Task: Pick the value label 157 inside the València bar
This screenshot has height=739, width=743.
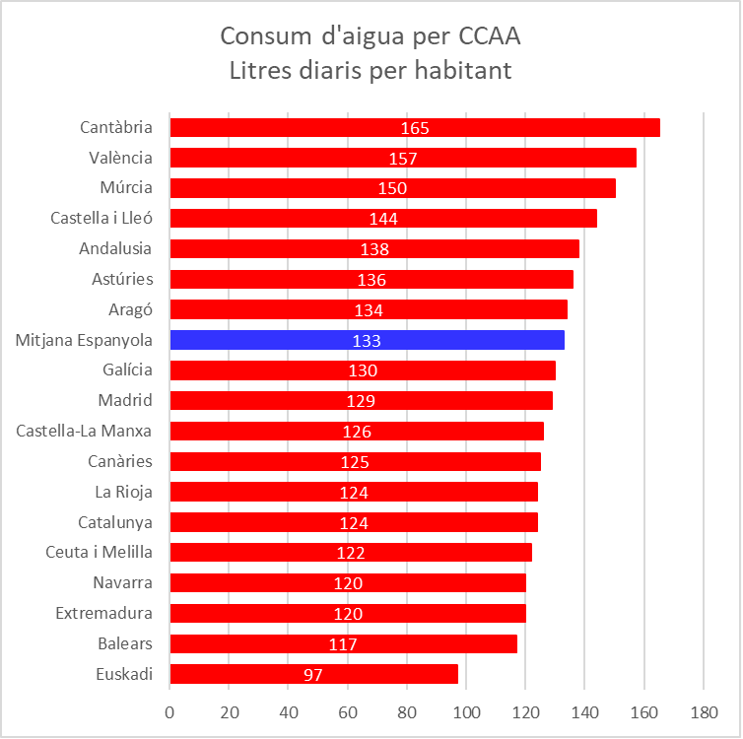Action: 403,159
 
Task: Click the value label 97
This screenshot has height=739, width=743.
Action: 313,675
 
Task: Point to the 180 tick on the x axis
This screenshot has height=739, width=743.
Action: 703,710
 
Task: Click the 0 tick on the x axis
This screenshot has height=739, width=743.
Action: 170,710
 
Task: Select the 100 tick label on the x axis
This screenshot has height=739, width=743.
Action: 466,710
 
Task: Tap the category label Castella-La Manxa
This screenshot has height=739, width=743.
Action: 85,431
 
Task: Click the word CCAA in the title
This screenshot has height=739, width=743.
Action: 490,36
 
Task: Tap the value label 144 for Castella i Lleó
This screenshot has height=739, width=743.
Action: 383,219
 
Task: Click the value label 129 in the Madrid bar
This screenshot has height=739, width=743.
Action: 361,401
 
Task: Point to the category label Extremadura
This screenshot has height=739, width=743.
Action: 103,613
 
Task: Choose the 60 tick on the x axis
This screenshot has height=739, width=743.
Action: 348,710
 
